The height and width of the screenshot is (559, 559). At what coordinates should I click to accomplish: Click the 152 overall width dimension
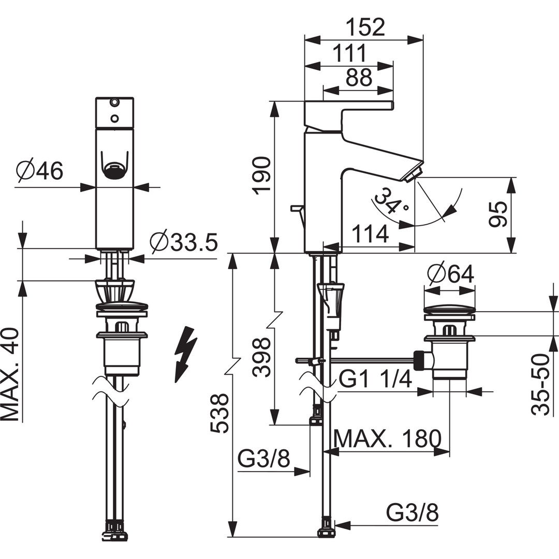point(366,27)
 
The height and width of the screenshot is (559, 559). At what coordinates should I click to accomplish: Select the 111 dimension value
point(349,53)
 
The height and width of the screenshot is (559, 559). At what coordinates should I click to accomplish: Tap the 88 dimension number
point(359,77)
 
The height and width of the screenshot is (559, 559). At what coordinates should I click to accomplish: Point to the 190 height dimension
point(262,175)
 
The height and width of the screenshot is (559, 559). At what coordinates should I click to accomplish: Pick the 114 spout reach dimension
point(370,234)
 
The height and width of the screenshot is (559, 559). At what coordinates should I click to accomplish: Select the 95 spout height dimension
point(497,214)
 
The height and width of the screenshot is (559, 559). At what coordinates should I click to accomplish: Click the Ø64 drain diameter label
point(451,274)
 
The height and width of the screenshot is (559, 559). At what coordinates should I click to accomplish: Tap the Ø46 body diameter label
point(39,170)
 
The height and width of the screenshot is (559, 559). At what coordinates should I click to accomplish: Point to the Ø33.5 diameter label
point(184,242)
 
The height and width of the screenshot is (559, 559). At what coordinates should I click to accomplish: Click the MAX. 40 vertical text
point(10,374)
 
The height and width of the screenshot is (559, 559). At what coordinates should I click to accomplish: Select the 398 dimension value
point(262,357)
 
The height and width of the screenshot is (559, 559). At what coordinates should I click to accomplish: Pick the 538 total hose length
point(219,414)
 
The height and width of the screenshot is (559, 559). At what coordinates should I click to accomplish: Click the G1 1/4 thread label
point(375,379)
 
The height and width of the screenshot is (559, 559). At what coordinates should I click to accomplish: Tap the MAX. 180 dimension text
point(388,438)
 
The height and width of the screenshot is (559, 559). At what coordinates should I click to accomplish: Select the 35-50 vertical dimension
point(540,385)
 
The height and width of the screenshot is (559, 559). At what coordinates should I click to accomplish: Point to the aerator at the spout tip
point(414,175)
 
